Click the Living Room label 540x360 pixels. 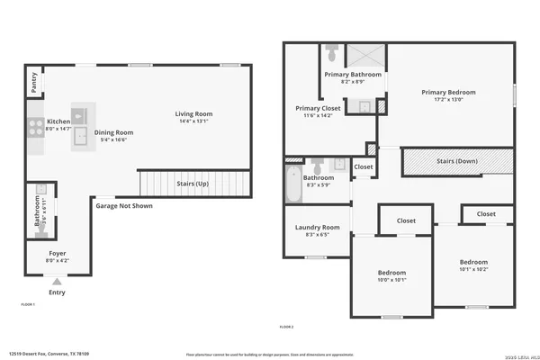click(193, 113)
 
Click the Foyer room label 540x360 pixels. click(57, 255)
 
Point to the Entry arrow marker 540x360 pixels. click(57, 282)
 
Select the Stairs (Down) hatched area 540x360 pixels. click(457, 162)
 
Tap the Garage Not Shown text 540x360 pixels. click(124, 205)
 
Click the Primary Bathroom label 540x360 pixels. click(354, 74)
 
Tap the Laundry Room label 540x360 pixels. click(318, 228)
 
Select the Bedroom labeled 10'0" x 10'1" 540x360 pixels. click(391, 273)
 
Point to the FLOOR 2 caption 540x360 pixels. click(287, 326)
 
